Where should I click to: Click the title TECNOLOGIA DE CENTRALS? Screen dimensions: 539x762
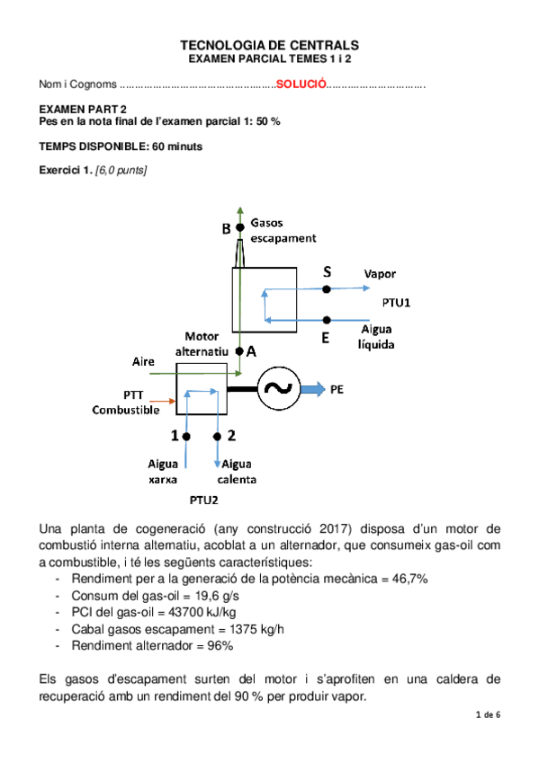(x=269, y=44)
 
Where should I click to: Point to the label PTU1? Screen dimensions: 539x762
(x=396, y=303)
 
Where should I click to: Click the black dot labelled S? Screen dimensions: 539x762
(x=327, y=288)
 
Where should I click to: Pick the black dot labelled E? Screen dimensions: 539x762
(x=327, y=319)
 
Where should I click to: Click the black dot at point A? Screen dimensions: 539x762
(x=240, y=351)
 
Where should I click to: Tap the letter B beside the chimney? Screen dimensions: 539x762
(x=227, y=229)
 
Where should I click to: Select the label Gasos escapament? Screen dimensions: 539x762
(x=283, y=230)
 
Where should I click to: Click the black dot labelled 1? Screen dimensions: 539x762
(x=186, y=437)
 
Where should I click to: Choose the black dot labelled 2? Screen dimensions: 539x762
(x=217, y=437)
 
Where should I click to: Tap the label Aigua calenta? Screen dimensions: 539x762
(x=238, y=471)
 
